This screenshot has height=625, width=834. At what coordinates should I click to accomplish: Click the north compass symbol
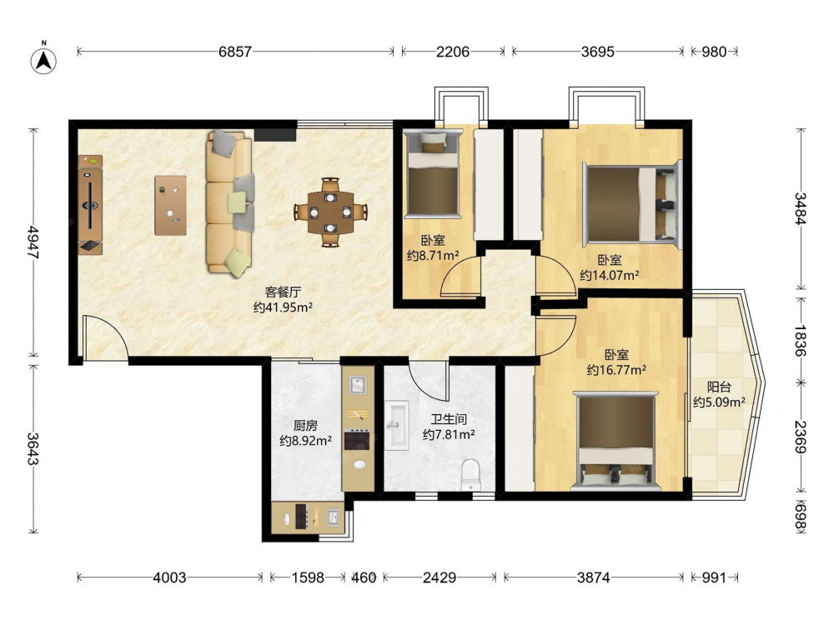point(44,60)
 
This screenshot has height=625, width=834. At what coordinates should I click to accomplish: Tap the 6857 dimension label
point(235,52)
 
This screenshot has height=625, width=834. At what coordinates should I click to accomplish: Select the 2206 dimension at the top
point(453,52)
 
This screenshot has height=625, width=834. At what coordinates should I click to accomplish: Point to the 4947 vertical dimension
point(33,242)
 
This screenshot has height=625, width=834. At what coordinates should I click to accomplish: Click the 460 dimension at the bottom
point(364,577)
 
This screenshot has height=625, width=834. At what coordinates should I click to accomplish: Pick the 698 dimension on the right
point(801,515)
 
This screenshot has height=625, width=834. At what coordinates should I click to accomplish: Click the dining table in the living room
point(331,212)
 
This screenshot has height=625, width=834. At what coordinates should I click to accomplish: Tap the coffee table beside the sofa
point(171,205)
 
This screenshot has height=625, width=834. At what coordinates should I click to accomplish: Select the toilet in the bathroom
point(470,475)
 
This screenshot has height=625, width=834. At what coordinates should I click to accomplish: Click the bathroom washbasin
point(396,425)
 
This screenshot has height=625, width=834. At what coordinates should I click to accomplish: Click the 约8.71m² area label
point(433,256)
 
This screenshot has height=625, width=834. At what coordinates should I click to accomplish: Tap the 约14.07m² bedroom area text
point(609,275)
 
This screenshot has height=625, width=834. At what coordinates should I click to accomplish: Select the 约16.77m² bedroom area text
point(616,370)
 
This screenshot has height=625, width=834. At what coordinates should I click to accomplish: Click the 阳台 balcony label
point(719,387)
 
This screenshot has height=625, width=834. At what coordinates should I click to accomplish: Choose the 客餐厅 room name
point(283,292)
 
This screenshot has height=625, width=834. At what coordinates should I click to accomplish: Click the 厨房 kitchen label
point(306,425)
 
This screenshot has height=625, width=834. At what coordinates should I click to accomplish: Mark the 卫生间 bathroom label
point(449,419)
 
